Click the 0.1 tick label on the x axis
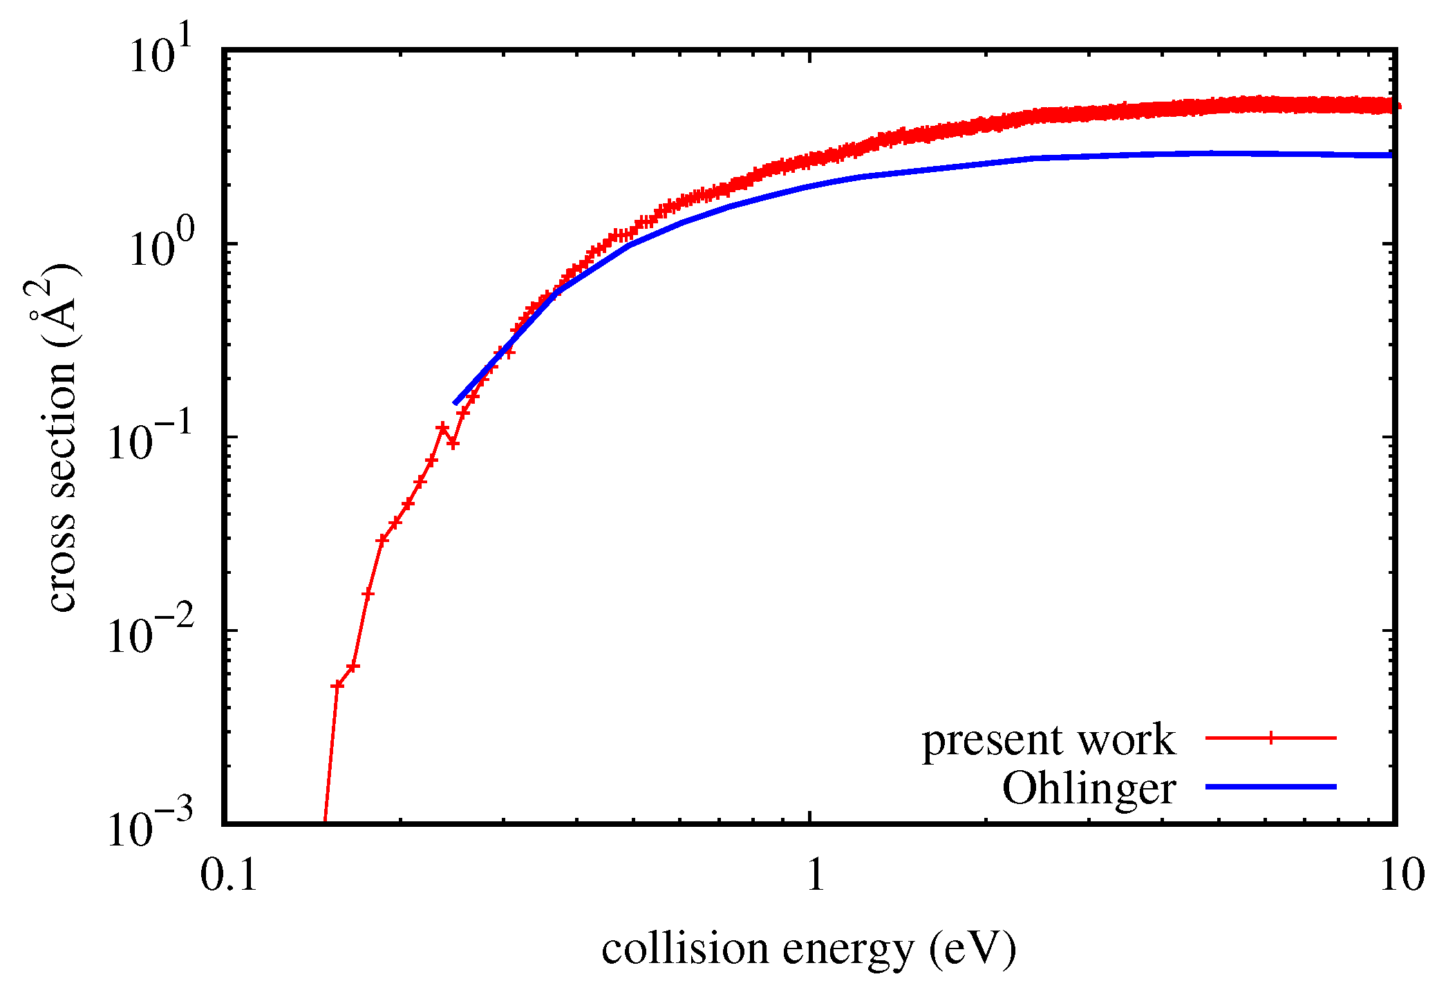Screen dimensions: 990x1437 click(x=229, y=875)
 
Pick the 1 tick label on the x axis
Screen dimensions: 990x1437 click(x=816, y=875)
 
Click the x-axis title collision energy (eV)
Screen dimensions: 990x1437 click(x=809, y=949)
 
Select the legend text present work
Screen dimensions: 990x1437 click(x=1048, y=740)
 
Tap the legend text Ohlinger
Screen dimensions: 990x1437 click(x=1089, y=788)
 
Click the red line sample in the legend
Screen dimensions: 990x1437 click(x=1270, y=738)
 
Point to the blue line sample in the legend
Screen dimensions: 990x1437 click(x=1270, y=787)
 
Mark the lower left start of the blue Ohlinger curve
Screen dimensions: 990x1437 click(x=455, y=402)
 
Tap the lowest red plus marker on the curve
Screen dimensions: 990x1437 click(x=337, y=685)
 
